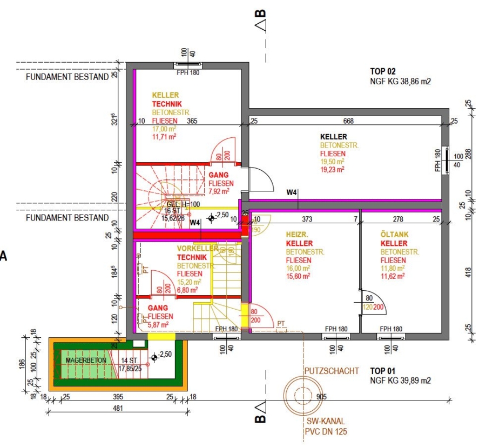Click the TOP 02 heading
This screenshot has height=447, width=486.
(383, 71)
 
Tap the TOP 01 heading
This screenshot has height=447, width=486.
(383, 371)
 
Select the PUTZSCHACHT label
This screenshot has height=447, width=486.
(332, 371)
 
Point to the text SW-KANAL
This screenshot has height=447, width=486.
(326, 421)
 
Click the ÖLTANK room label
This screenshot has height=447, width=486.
(394, 235)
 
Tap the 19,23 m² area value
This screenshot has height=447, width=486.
(332, 169)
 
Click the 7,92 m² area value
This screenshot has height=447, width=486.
(219, 191)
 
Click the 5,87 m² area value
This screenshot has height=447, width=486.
(158, 324)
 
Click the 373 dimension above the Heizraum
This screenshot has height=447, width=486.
(307, 219)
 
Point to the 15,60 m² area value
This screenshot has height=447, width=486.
(298, 276)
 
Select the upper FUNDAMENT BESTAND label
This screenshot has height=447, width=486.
(67, 77)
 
